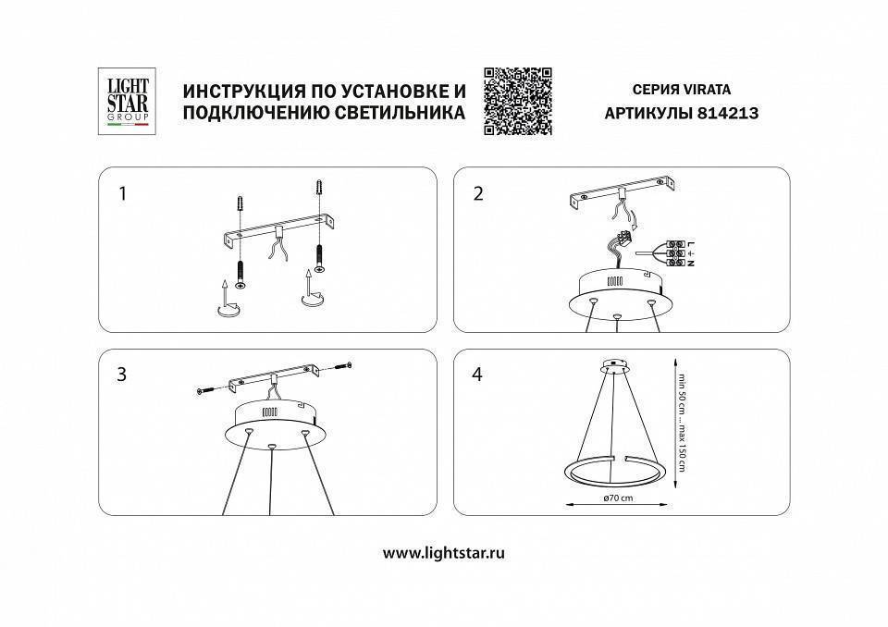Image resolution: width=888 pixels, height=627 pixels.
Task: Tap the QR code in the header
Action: click(x=517, y=102)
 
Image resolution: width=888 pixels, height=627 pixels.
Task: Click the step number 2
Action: click(x=478, y=194)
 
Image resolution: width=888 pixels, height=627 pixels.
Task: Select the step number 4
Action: click(x=478, y=375)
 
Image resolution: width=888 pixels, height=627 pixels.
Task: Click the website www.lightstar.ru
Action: click(x=444, y=553)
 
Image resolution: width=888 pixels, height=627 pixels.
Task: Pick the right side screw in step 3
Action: click(x=343, y=364)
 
